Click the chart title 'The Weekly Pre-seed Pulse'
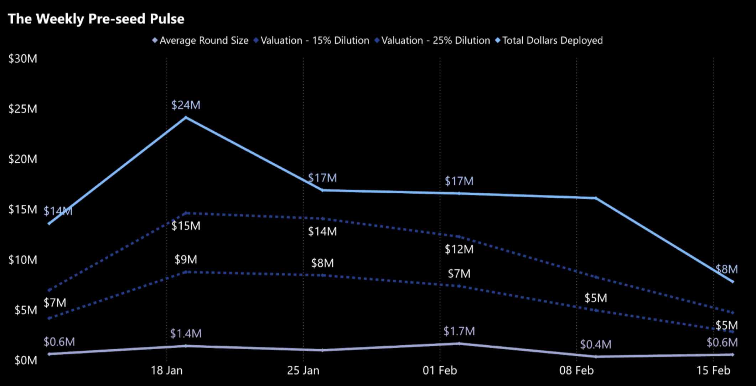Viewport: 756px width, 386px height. [x=96, y=19]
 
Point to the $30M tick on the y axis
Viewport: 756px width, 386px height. [x=22, y=59]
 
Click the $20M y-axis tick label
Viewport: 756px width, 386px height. [x=22, y=159]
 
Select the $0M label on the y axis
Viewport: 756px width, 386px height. [x=25, y=360]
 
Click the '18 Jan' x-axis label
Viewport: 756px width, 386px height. [x=166, y=371]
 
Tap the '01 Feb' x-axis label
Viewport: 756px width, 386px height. [x=440, y=371]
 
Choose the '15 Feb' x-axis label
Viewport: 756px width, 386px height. [x=713, y=371]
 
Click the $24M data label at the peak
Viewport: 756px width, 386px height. [x=186, y=105]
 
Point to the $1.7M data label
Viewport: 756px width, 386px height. [x=459, y=331]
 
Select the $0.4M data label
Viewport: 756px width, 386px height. [x=595, y=345]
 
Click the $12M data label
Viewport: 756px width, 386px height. [x=459, y=249]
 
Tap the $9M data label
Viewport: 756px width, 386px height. [x=186, y=260]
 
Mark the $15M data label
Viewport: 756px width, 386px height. [x=186, y=226]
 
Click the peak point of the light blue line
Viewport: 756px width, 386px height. [x=186, y=117]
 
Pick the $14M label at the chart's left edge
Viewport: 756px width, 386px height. [x=58, y=211]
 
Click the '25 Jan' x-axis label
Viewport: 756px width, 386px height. [x=303, y=371]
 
